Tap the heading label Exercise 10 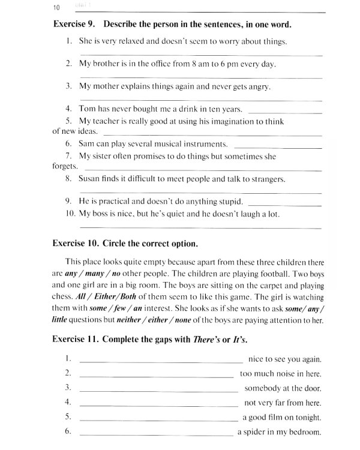click(x=77, y=244)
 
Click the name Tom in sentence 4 click(x=87, y=109)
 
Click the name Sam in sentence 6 click(x=87, y=144)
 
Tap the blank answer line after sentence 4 click(x=284, y=113)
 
